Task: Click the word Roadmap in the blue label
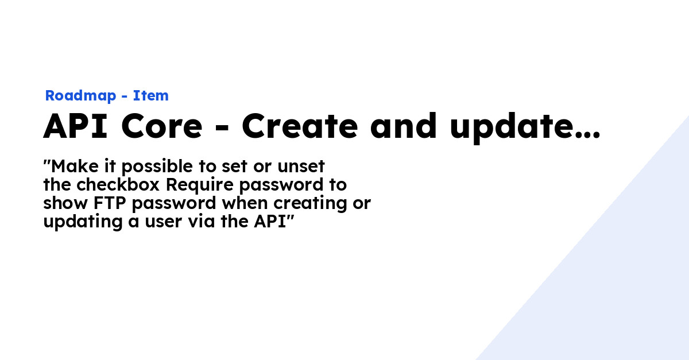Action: tap(80, 96)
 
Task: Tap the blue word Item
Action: tap(150, 96)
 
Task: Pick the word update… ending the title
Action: tap(525, 127)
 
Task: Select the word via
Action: tap(200, 222)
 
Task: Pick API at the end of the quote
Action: tap(269, 222)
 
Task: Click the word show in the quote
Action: tap(63, 203)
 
